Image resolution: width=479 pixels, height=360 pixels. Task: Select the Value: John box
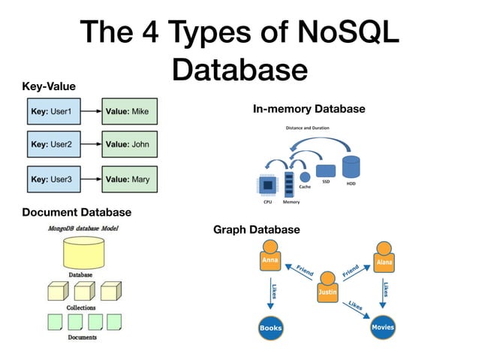coord(129,144)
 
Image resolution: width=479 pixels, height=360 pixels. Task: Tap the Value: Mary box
coord(129,179)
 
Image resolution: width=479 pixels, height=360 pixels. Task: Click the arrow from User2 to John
coord(90,144)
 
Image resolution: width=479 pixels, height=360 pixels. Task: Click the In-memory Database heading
coord(309,109)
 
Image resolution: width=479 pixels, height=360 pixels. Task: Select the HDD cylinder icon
coord(351,167)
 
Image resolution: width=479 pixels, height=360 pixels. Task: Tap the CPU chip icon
coord(265,185)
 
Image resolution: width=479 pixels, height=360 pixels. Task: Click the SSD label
coord(326,182)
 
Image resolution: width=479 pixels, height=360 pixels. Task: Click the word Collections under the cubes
coord(81,308)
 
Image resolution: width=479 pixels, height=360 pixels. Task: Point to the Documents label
coord(82,337)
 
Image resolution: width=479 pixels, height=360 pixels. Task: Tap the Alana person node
coord(384,259)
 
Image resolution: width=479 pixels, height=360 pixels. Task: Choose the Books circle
coord(270,328)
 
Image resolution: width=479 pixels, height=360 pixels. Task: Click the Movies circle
coord(383,327)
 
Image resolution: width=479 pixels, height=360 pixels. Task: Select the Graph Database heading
coord(256,229)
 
